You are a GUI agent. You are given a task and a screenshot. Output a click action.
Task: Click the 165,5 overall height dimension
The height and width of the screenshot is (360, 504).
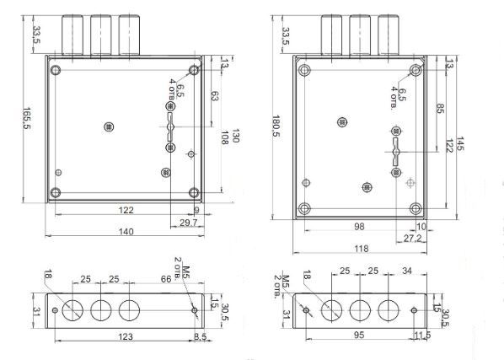pyautogui.click(x=26, y=118)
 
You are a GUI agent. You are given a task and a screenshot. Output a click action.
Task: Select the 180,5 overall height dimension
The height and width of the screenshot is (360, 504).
pyautogui.click(x=276, y=126)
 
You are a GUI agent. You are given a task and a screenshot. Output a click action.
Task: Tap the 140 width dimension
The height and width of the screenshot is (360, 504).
pyautogui.click(x=126, y=231)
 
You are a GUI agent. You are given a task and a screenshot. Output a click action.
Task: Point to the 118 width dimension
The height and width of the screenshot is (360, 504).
pyautogui.click(x=362, y=249)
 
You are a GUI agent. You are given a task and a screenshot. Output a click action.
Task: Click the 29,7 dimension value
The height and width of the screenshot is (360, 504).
pyautogui.click(x=188, y=223)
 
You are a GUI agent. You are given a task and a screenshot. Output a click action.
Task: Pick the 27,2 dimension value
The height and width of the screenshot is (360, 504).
pyautogui.click(x=412, y=239)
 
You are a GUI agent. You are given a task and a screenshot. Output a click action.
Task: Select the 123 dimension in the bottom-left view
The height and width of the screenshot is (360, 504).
pyautogui.click(x=126, y=336)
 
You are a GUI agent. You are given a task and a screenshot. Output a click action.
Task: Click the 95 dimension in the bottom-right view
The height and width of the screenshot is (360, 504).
pyautogui.click(x=359, y=335)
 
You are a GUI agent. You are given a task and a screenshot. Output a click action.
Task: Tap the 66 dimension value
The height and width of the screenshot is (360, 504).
pyautogui.click(x=166, y=279)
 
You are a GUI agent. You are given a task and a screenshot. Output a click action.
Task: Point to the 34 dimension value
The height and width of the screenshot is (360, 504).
pyautogui.click(x=407, y=271)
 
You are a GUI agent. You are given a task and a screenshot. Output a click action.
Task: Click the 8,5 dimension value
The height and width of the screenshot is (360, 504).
pyautogui.click(x=201, y=336)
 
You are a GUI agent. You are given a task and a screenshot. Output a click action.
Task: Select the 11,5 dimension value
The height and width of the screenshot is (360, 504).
pyautogui.click(x=422, y=336)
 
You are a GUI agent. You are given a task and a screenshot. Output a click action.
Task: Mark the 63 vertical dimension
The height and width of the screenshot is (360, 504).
pyautogui.click(x=214, y=96)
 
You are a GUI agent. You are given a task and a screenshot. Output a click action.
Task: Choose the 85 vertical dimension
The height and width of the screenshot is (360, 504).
pyautogui.click(x=440, y=108)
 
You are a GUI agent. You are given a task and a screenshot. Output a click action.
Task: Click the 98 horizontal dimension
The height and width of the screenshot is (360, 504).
pyautogui.click(x=359, y=226)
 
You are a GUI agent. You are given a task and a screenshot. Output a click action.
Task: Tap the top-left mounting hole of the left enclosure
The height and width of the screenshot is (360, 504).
pyautogui.click(x=56, y=70)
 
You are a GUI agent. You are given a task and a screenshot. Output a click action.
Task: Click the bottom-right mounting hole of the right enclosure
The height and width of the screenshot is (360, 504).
pyautogui.click(x=416, y=208)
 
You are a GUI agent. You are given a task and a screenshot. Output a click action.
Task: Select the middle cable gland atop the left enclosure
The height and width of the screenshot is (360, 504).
pyautogui.click(x=101, y=35)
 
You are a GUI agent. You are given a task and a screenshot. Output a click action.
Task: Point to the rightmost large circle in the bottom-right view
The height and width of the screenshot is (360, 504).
pyautogui.click(x=389, y=310)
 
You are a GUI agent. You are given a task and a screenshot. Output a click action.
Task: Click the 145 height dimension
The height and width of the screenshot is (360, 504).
pyautogui.click(x=460, y=143)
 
